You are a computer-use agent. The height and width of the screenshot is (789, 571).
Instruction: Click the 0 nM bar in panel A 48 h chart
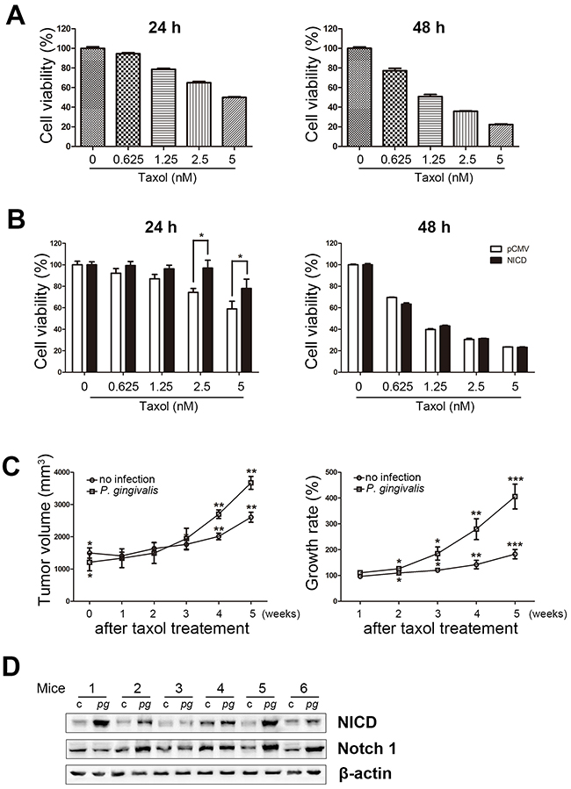point(358,97)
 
